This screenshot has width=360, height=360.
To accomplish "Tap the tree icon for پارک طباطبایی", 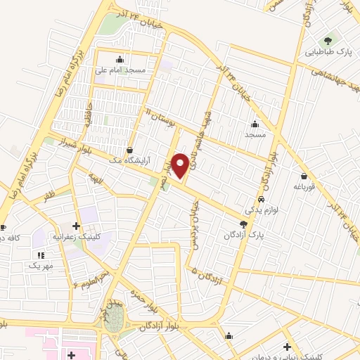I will (x=328, y=40).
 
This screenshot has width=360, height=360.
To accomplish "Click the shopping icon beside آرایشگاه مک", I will (x=129, y=150).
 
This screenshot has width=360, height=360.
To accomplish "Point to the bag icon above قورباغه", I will (x=304, y=176).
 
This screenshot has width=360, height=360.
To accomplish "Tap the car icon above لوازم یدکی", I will (x=261, y=199).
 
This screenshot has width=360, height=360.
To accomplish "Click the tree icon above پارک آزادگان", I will (x=243, y=224).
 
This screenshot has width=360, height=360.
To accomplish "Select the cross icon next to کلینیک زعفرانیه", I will (x=76, y=226).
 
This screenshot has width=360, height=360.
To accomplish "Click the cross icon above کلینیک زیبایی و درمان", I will (x=286, y=347).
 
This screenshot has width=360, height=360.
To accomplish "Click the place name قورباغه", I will (x=304, y=187).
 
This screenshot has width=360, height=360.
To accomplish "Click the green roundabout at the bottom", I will (x=112, y=317).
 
